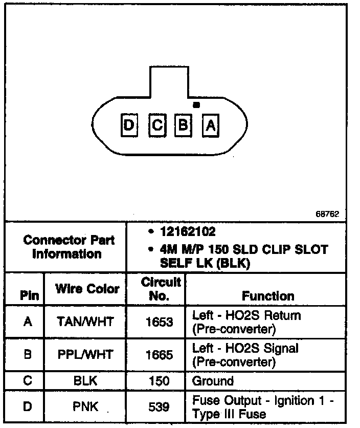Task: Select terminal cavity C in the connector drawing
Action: pyautogui.click(x=157, y=124)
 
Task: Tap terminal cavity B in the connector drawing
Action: pyautogui.click(x=183, y=124)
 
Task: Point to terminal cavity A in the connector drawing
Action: pyautogui.click(x=210, y=125)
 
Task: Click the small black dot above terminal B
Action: pyautogui.click(x=195, y=105)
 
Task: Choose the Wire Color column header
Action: pyautogui.click(x=87, y=289)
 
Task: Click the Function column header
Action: pyautogui.click(x=268, y=296)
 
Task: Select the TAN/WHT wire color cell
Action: pyautogui.click(x=86, y=322)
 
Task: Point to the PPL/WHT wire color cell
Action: pyautogui.click(x=86, y=355)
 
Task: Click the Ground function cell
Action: pyautogui.click(x=213, y=381)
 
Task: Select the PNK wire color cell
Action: pyautogui.click(x=86, y=408)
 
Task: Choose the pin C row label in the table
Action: pyautogui.click(x=28, y=381)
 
